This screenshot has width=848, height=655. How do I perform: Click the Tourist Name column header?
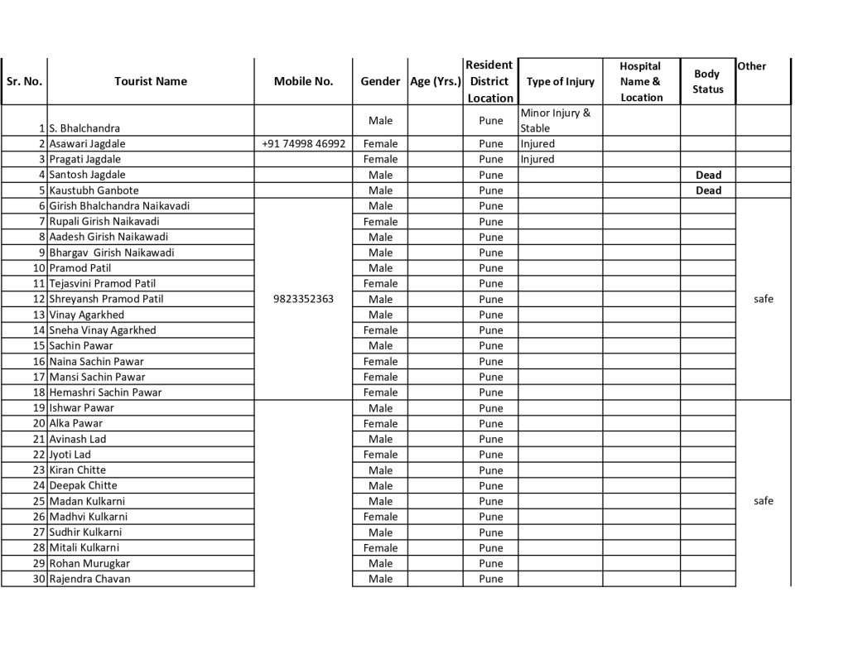[x=151, y=81]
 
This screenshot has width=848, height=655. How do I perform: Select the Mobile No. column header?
[x=303, y=81]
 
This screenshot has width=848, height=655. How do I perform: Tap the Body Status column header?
[x=708, y=81]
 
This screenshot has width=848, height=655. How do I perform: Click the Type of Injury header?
[x=561, y=81]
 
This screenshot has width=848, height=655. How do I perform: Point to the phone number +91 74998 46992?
[x=303, y=143]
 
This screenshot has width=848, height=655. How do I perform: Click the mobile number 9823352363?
[x=303, y=299]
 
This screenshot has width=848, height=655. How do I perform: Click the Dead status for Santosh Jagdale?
[x=708, y=175]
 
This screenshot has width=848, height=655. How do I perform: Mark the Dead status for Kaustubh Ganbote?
[x=708, y=190]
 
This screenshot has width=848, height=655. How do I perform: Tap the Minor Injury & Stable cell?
[x=556, y=120]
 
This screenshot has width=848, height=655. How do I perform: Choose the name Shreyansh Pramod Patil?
[x=106, y=299]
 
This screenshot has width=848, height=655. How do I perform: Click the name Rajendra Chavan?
[x=89, y=579]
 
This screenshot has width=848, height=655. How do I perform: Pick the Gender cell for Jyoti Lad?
[x=380, y=455]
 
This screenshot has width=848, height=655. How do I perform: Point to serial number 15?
[x=39, y=345]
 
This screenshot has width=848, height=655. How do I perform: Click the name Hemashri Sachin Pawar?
[x=105, y=393]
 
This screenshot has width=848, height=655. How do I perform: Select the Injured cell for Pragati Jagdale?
[x=537, y=159]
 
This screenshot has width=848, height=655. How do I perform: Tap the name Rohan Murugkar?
[x=89, y=563]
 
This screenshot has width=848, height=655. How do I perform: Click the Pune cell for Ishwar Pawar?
[x=490, y=408]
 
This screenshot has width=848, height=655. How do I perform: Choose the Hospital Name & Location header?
[x=641, y=81]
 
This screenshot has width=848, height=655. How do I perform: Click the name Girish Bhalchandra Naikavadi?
[x=119, y=205]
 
